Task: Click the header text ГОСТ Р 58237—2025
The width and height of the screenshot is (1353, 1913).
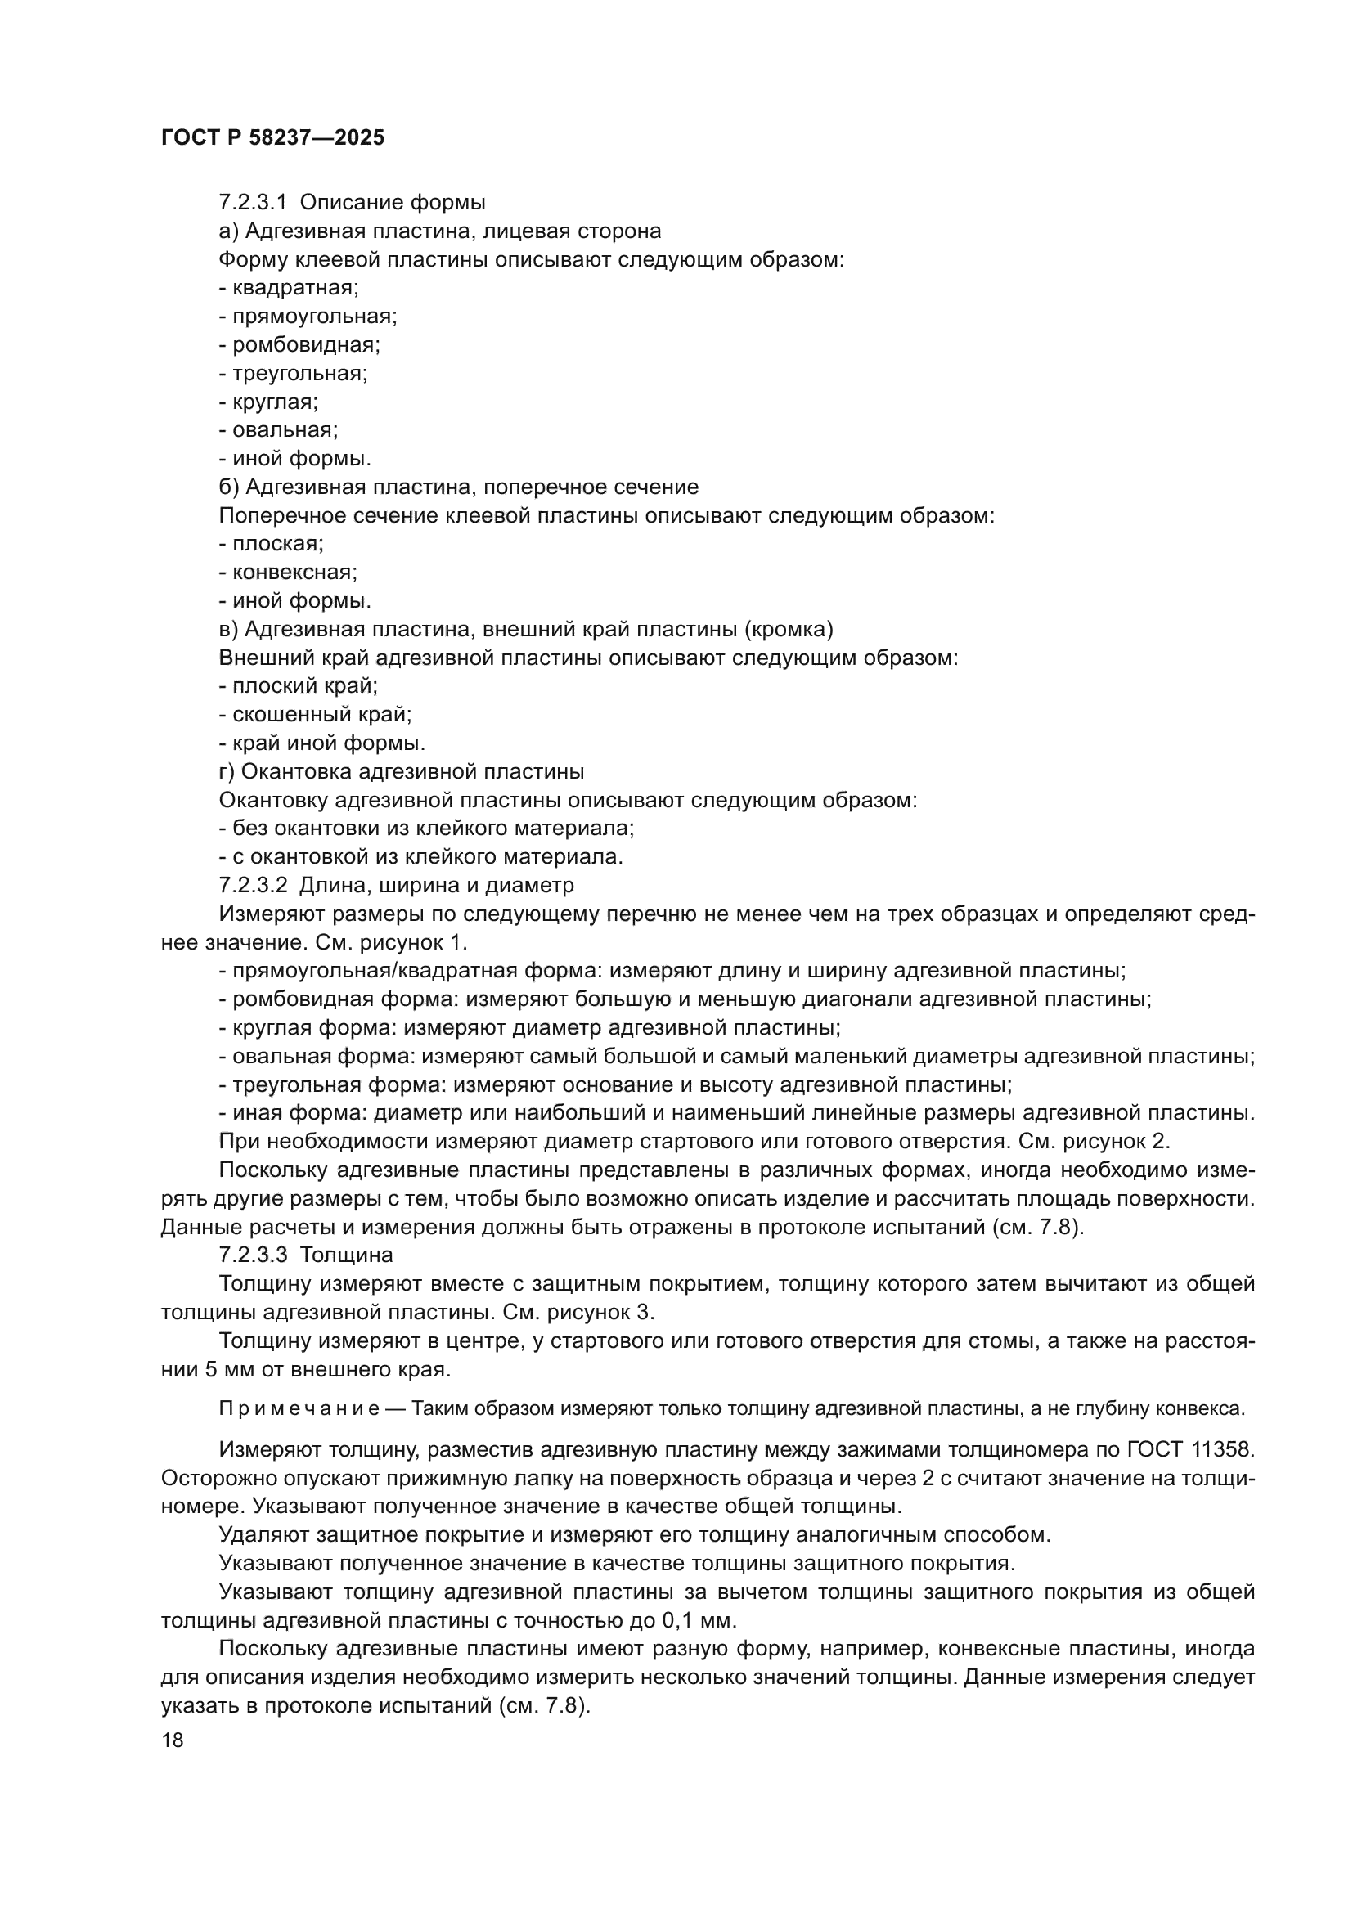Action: pyautogui.click(x=272, y=138)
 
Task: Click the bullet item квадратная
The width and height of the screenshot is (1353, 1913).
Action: pyautogui.click(x=295, y=288)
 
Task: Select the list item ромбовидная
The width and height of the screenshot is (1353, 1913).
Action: pyautogui.click(x=306, y=345)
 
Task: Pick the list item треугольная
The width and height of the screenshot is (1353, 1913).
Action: pyautogui.click(x=299, y=373)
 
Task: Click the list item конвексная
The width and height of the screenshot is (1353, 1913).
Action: pyautogui.click(x=294, y=573)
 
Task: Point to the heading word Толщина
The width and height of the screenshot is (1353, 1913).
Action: pyautogui.click(x=347, y=1254)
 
